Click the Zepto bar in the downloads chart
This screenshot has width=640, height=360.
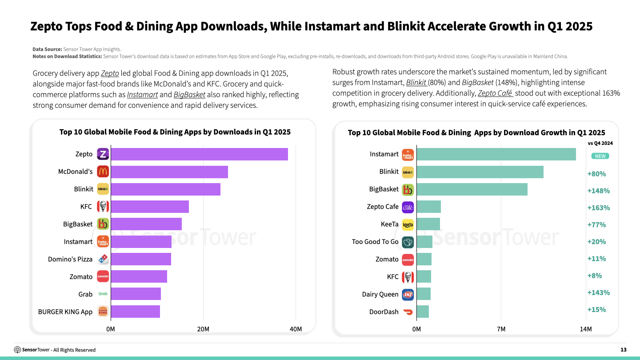199,154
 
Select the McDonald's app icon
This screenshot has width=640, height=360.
103,172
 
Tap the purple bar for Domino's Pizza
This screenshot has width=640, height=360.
141,259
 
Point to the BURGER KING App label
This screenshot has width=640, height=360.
65,312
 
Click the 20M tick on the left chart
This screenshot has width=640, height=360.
203,329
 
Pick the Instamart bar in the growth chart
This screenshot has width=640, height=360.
496,154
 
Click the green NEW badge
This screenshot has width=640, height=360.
600,156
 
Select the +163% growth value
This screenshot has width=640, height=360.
598,208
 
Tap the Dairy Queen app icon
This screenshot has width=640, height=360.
408,294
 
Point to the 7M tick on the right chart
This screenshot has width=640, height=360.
501,329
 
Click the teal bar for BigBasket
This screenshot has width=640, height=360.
472,189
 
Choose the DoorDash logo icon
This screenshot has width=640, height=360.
408,312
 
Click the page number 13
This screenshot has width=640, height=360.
623,350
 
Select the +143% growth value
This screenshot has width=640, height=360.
598,292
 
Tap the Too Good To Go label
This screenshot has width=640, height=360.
375,242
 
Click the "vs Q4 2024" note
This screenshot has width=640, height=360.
600,143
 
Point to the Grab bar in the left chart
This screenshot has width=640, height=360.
136,294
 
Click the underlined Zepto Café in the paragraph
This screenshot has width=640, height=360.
495,93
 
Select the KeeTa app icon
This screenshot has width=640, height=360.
408,224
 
